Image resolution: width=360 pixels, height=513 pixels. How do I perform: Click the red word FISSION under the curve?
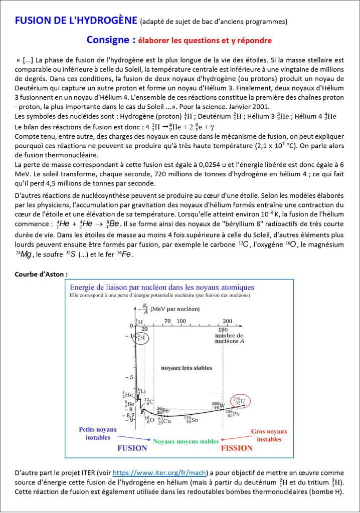[237, 448]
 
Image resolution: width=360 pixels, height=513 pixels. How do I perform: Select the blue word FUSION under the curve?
[132, 448]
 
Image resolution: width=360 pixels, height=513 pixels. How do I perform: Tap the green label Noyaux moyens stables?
[186, 441]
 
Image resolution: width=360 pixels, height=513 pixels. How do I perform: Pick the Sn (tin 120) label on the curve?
[191, 420]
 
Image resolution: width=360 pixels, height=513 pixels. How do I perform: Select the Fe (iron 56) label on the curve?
[162, 410]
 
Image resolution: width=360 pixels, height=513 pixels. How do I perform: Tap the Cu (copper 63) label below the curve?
[163, 420]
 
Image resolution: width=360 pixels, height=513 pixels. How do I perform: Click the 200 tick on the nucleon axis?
[227, 321]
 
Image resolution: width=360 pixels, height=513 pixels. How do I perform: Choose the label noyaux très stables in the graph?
[186, 368]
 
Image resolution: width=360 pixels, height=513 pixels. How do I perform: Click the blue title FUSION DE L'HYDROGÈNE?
[76, 21]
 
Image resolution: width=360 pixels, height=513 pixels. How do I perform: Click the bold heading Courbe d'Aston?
[41, 274]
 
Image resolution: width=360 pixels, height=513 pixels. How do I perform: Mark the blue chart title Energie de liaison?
[161, 288]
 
